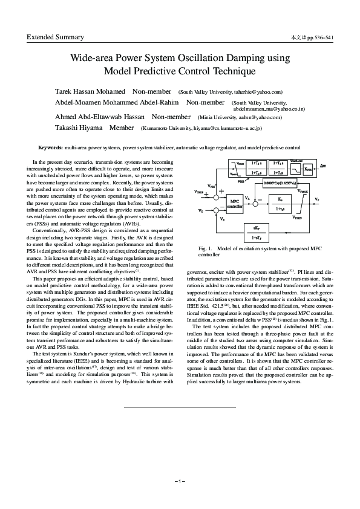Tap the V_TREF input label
(200, 190)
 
